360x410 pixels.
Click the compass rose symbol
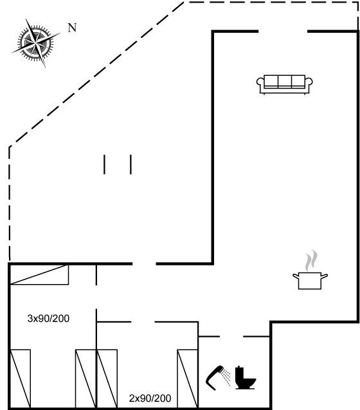(35, 42)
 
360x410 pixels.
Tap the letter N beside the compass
(72, 28)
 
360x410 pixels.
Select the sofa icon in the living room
(284, 84)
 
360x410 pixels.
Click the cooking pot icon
(310, 281)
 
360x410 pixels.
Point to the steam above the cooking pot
(311, 261)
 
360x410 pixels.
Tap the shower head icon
(218, 378)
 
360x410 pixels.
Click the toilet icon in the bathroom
(245, 378)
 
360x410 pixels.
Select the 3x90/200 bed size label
(48, 319)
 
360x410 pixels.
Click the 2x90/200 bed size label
(150, 398)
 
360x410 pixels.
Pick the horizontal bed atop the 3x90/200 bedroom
(39, 274)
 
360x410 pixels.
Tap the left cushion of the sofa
(271, 82)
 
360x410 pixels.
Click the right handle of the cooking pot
(325, 276)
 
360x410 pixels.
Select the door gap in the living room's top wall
(283, 31)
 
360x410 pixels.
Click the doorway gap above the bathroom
(231, 337)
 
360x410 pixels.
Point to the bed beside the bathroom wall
(187, 379)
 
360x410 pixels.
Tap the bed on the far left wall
(20, 379)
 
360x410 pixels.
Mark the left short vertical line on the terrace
(104, 165)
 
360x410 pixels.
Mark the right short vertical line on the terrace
(130, 165)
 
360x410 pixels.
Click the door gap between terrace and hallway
(144, 264)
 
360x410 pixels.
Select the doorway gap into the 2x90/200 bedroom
(143, 322)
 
